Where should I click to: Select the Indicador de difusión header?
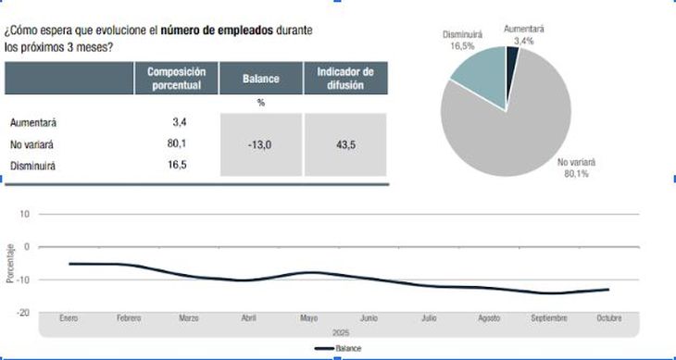coord(345,79)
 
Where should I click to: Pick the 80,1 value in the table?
coord(179,143)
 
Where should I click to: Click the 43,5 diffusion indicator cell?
coord(345,144)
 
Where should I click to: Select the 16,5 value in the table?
coord(179,165)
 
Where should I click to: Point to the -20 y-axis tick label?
coord(25,313)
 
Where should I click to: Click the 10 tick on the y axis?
coord(26,214)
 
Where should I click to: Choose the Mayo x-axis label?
coord(308,318)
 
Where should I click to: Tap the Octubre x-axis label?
coord(608,318)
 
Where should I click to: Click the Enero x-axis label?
coord(69,318)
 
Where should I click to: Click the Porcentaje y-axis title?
coord(10,263)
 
